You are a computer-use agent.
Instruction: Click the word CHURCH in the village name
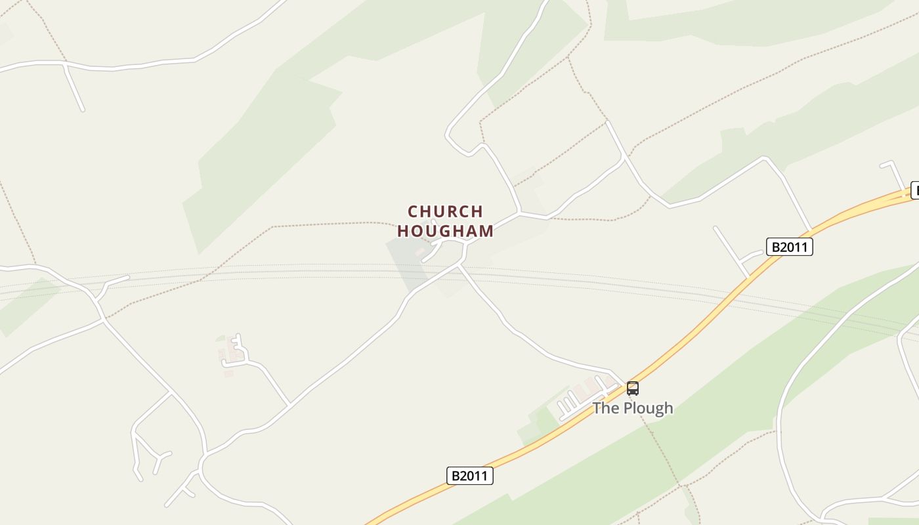[x=445, y=211]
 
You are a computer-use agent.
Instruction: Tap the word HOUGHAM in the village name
[x=445, y=231]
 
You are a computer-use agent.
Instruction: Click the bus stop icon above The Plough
[x=632, y=388]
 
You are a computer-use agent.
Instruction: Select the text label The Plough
[x=633, y=408]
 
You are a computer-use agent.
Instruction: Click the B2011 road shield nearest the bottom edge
[x=470, y=476]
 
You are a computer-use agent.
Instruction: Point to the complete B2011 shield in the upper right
[x=789, y=247]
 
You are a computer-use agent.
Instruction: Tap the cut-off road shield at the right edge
[x=914, y=190]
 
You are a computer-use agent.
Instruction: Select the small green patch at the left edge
[x=26, y=305]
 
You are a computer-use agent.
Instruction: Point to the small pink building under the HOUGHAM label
[x=419, y=251]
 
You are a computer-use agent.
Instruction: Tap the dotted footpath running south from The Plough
[x=663, y=453]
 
